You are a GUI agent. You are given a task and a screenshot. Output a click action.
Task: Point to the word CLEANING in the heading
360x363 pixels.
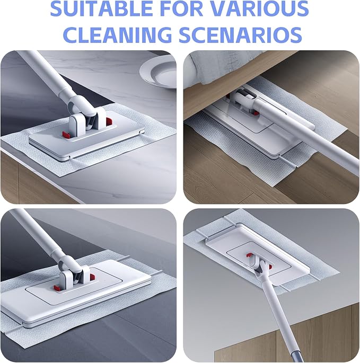pyautogui.click(x=117, y=34)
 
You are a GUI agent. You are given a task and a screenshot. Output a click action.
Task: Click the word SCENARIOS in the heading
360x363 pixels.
pyautogui.click(x=240, y=34)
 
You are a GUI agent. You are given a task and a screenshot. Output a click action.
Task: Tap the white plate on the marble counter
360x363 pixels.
pyautogui.click(x=159, y=72)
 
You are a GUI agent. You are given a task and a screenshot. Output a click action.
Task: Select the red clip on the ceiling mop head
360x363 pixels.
pyautogui.click(x=250, y=255)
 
